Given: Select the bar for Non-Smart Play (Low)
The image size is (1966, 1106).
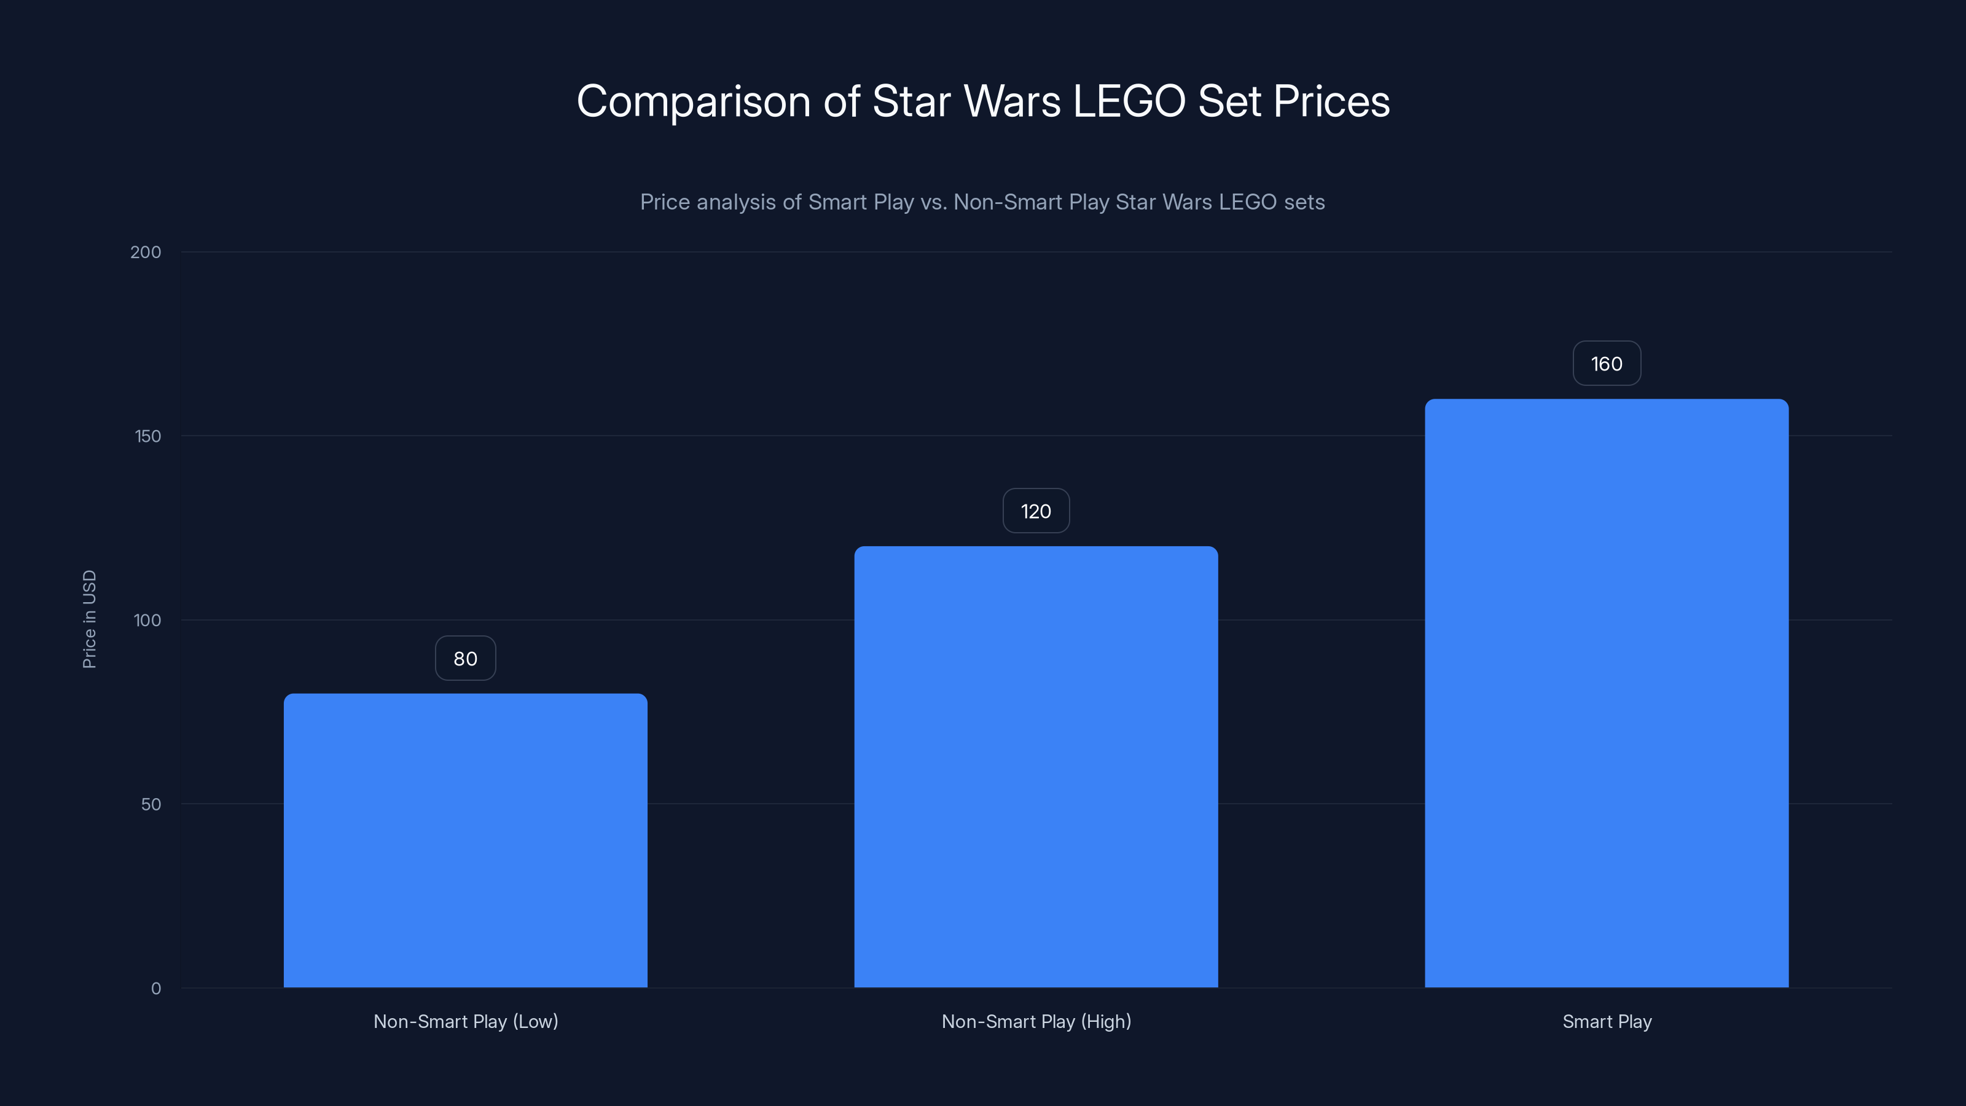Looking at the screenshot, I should point(466,839).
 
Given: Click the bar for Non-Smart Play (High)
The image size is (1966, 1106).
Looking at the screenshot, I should point(1036,766).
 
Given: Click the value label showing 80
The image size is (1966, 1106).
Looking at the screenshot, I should point(466,659).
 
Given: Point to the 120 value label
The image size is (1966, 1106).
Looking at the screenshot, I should point(1036,511).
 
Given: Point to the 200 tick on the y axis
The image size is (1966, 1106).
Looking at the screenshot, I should point(146,253).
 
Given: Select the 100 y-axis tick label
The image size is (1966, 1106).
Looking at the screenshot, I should point(147,621).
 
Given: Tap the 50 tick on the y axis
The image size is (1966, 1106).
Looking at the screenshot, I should point(151,804).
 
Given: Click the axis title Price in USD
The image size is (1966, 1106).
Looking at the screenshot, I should point(89,619).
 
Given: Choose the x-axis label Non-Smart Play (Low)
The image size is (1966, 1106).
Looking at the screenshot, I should point(466,1021).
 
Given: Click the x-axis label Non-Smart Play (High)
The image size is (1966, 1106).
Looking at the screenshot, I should point(1036,1021).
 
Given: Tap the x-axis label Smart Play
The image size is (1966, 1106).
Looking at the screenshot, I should point(1607,1021).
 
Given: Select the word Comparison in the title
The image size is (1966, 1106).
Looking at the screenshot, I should point(693,101).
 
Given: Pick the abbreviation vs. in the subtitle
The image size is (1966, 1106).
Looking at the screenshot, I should point(933,202).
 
